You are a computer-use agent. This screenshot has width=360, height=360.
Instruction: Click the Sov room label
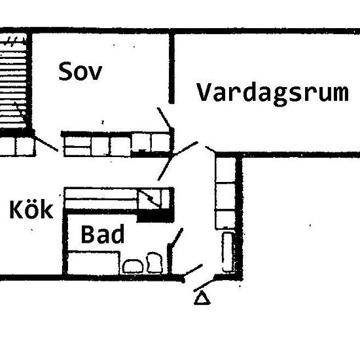pos(80,71)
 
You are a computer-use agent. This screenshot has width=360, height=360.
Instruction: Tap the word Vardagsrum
pos(272,94)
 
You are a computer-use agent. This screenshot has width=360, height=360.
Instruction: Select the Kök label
pos(31,209)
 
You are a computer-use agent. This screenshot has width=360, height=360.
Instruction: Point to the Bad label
pos(103,234)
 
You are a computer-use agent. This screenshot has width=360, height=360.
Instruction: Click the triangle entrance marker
pos(202,298)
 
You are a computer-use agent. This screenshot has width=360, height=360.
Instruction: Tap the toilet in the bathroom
pos(154,262)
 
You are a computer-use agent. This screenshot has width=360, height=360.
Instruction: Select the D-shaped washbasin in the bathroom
pos(133,266)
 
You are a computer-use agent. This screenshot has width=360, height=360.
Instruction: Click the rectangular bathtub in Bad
pos(94,263)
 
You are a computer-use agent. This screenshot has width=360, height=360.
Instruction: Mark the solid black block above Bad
pos(155,216)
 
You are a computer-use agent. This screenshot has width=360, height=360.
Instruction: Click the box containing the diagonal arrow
pos(150,199)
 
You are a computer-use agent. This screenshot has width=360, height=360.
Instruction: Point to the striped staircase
pos(13,82)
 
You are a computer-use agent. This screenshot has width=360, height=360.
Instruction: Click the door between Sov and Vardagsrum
pos(164,118)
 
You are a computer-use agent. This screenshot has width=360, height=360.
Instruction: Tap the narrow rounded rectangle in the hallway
pos(228,252)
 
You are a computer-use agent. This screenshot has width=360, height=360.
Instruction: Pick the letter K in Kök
pos(16,209)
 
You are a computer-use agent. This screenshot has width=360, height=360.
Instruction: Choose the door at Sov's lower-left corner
pos(46,144)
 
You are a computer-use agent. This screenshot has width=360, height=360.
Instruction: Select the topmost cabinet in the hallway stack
pos(225,170)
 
